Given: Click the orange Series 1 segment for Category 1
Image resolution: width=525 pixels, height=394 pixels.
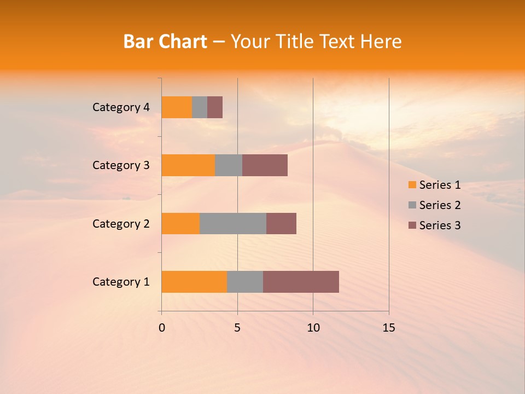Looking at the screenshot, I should pos(194,281).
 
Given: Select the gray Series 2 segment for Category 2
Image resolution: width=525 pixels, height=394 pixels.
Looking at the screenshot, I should pos(233,223).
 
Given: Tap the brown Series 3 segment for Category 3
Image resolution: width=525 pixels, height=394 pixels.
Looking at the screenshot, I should pos(265,165).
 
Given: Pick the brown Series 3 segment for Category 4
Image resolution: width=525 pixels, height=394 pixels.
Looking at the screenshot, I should pos(215,107).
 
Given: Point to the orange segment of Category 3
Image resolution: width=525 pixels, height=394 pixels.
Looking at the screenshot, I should pos(188,165).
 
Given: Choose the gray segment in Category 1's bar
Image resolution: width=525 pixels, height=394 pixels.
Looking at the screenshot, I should pos(245,281).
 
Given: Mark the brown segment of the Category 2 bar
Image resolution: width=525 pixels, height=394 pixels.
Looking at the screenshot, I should pos(281,223).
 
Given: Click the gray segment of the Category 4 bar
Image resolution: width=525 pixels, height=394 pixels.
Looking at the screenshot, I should pos(200,107).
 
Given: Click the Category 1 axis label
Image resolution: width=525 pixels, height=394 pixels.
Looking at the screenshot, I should pos(121,282).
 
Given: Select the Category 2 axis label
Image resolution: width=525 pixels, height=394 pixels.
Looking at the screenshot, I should pos(121,224).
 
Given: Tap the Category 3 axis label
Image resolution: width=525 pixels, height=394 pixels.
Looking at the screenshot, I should pos(121,165).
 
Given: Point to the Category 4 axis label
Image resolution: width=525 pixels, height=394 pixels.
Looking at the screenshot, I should pos(121,107).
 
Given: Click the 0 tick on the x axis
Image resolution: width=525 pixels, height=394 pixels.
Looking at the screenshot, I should pos(162,328).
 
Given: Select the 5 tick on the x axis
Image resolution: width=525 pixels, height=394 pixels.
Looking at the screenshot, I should pos(237,328).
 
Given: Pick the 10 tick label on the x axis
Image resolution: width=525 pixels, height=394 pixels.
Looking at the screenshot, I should pos(313,328).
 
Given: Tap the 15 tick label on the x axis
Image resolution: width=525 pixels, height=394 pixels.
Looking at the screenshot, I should pos(389,328).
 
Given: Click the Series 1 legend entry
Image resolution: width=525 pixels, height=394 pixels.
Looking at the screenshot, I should pos(434,185).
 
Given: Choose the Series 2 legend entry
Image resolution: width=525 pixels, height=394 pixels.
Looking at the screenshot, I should pos(434,205).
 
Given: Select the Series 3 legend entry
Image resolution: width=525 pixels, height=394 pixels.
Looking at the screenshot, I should pos(434,225).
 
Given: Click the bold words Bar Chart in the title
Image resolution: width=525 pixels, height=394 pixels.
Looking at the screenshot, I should pos(165,42).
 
